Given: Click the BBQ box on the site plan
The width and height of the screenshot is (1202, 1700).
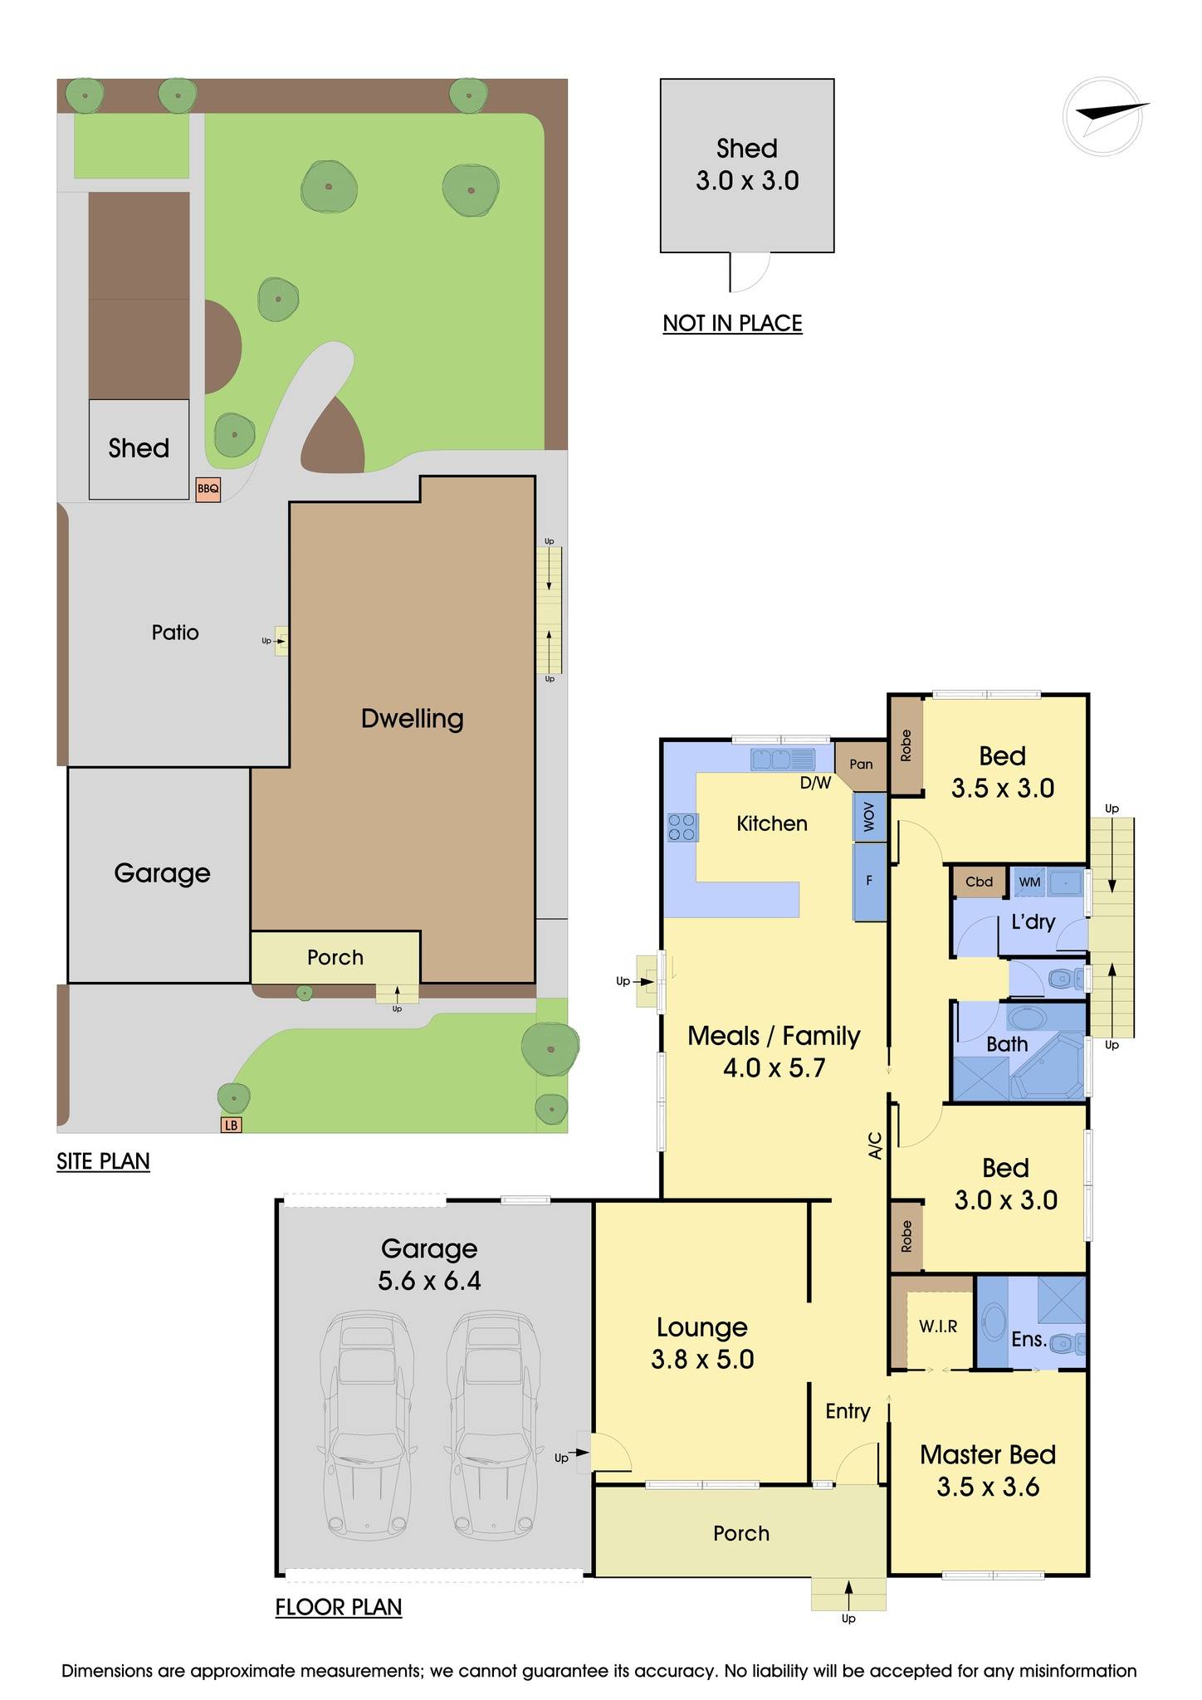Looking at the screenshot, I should pos(208,489).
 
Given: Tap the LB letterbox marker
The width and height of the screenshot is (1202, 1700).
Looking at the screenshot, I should pos(231,1126).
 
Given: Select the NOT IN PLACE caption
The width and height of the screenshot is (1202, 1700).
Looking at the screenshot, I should pos(732,323).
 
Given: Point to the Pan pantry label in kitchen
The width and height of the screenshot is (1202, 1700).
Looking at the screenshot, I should pos(861,764).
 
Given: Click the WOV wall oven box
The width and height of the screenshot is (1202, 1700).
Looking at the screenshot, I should pos(869,818).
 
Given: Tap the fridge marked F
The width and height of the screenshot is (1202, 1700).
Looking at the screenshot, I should pos(869,881).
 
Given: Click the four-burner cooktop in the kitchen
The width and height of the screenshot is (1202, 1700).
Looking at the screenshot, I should pos(682,827).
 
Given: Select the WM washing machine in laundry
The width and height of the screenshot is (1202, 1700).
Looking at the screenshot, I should pos(1029,882).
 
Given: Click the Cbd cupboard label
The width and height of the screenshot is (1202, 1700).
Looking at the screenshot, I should pos(979,882).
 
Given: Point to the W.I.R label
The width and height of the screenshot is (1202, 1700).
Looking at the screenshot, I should pos(938,1326).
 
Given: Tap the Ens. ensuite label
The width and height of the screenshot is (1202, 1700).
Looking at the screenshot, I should pos(1029,1338).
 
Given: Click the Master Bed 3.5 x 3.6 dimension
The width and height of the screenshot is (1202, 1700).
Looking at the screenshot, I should pos(988,1487).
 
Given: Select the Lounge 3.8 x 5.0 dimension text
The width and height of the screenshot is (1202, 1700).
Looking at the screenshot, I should pos(702,1359).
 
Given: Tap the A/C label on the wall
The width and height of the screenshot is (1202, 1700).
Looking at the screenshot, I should pos(874,1146).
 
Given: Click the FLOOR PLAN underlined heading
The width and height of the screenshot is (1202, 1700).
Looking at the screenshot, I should pos(339,1607).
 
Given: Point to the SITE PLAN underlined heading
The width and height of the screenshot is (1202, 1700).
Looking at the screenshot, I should pos(103,1160).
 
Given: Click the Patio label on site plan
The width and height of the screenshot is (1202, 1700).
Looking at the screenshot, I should pos(175,633).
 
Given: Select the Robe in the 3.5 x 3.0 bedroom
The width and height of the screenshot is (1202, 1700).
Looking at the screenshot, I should pos(906,745).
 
